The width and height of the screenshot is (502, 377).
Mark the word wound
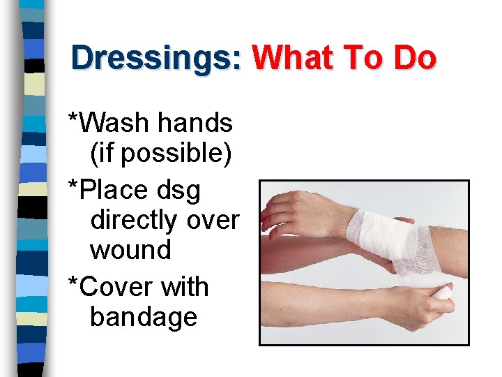tap(130, 249)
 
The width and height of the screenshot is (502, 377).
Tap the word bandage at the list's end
tap(144, 318)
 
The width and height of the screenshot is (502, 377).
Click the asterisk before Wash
tap(72, 117)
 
